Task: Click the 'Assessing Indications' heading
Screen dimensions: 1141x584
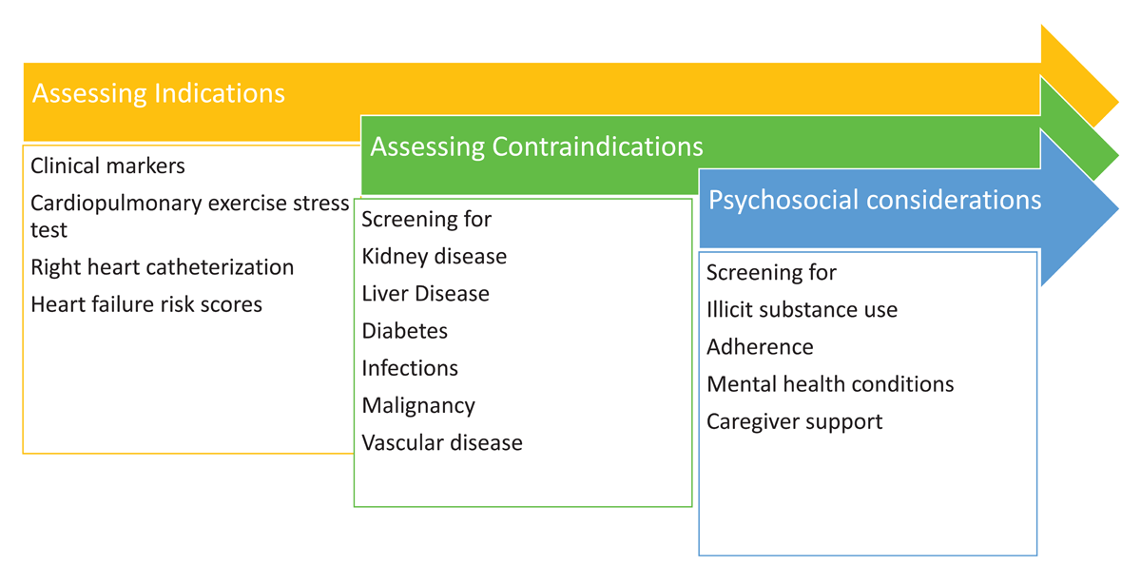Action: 159,93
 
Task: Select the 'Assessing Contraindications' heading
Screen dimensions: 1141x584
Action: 536,146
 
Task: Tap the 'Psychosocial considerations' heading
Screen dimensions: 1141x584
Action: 875,200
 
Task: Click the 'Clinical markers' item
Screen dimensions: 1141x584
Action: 107,165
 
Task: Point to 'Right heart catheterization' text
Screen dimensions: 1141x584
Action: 162,267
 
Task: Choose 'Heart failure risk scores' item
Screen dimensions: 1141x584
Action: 146,304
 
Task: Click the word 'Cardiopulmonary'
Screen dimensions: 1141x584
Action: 116,204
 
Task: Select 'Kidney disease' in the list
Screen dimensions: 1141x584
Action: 434,256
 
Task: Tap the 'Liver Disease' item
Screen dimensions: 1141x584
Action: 425,294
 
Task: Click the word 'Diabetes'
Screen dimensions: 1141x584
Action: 404,331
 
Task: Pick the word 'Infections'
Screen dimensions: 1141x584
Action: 410,368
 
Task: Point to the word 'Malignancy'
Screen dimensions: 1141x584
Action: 418,406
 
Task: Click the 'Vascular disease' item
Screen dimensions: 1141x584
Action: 442,443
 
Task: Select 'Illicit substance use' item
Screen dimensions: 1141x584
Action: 802,309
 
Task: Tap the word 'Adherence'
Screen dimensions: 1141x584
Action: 760,347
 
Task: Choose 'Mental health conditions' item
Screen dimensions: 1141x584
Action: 830,383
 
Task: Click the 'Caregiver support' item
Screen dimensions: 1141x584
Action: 795,422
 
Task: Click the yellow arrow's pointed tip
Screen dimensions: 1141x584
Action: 1118,102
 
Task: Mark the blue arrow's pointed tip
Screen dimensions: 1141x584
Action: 1118,208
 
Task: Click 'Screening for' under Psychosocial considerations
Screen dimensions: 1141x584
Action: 771,273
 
